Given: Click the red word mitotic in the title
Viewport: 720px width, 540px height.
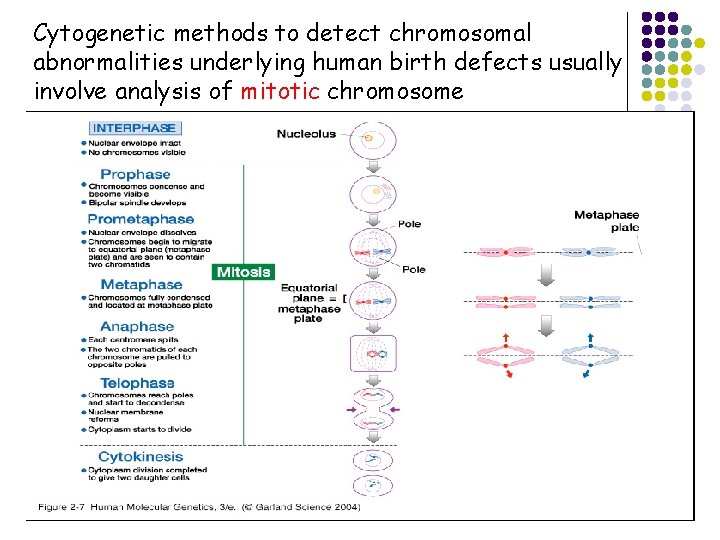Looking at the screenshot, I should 280,92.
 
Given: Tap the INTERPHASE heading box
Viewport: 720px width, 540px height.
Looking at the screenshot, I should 135,128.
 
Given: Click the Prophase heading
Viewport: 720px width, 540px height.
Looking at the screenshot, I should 135,174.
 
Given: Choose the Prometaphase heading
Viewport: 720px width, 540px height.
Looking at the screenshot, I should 141,219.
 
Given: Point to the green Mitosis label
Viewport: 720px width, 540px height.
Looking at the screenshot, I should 243,272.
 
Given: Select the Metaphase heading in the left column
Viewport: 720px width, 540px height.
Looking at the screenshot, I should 141,285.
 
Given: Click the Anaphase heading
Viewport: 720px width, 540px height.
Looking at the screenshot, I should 137,327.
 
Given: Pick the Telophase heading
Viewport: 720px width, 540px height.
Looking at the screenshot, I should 137,383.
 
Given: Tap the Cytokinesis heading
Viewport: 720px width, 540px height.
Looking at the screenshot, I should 140,457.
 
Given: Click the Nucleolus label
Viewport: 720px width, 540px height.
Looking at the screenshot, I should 306,133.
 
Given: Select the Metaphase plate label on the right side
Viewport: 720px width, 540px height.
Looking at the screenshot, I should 606,221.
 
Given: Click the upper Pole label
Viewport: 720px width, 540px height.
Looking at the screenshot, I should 410,224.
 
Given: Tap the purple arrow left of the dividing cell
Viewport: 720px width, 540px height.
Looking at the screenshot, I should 349,409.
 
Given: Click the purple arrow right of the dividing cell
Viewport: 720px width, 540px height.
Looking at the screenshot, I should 395,409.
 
